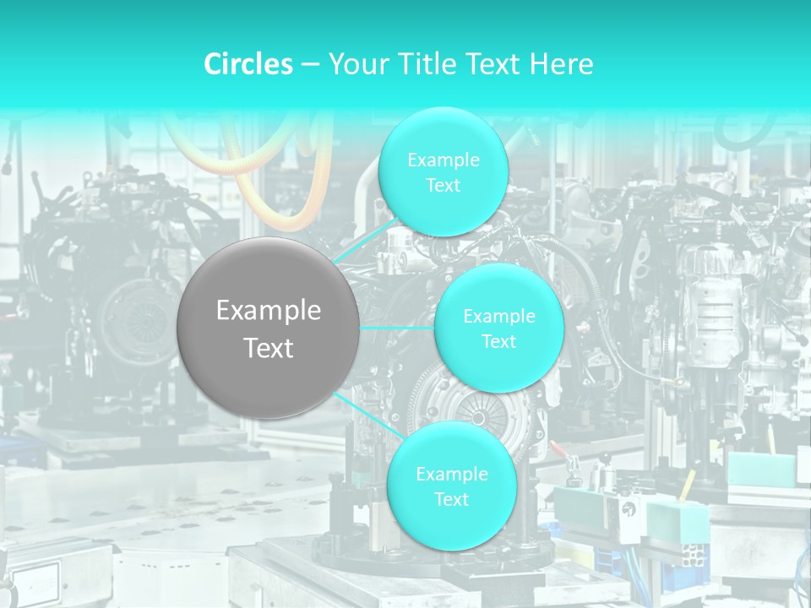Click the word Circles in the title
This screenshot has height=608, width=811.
[x=248, y=64]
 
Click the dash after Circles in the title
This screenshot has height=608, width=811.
[x=310, y=65]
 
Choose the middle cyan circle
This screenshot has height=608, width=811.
[x=498, y=328]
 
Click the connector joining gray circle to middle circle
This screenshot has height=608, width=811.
[x=397, y=328]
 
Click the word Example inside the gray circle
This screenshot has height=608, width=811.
[x=269, y=311]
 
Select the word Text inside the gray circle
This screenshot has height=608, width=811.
[x=269, y=348]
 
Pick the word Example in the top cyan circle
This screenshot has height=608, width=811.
[x=443, y=160]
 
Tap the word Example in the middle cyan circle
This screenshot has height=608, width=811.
[x=498, y=317]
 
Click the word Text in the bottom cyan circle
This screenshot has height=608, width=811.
[x=451, y=499]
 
